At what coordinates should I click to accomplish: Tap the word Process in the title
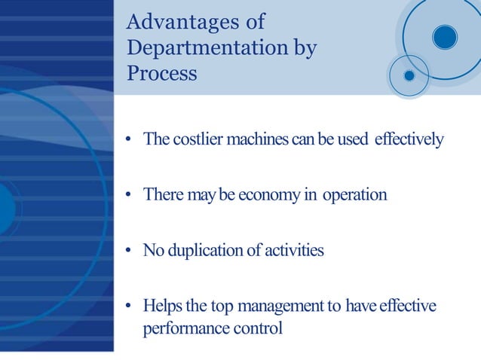[162, 74]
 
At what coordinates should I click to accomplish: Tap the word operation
[354, 195]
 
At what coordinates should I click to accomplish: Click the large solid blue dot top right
[445, 35]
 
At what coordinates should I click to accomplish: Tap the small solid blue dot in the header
[409, 75]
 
